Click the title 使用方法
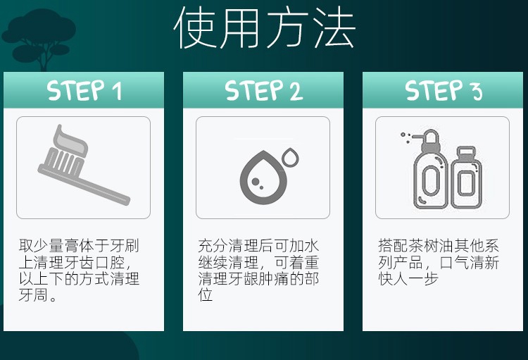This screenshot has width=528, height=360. coord(264,27)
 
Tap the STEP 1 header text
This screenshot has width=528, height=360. coord(84,90)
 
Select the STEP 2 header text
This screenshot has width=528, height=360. coord(264,90)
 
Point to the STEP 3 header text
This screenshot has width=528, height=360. coord(444,90)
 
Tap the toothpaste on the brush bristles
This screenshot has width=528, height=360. coord(69,139)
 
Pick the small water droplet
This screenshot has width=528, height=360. coord(290,156)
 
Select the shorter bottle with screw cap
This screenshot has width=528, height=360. coord(466,178)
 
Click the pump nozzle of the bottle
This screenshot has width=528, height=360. coord(418,137)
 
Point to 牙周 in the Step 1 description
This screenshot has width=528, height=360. coord(33,295)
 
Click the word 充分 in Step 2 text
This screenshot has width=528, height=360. coord(213,246)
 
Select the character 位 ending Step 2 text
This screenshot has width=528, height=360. coord(206,295)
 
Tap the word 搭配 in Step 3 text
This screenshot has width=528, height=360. coord(392,246)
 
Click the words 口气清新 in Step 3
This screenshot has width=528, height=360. coord(469,262)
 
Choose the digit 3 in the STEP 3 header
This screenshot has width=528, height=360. coord(477,92)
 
